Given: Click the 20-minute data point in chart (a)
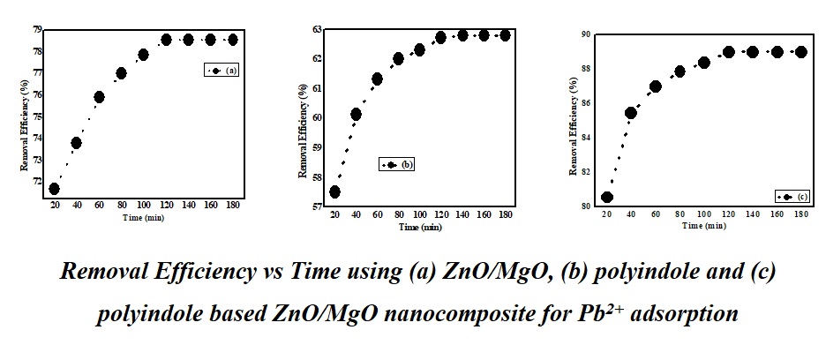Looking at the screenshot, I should [55, 188].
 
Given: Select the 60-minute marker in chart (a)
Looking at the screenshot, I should [99, 97].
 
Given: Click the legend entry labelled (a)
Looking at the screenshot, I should [222, 70].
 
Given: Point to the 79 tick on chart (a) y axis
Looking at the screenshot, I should [37, 29].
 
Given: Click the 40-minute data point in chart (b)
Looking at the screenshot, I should [356, 114].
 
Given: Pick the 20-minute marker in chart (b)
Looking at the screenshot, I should [334, 191].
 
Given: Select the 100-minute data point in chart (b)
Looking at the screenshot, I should [419, 50].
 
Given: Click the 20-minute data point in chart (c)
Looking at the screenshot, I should [607, 198].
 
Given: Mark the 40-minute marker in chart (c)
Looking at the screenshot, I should [630, 113].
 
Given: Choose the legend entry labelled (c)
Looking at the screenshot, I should [792, 197].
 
